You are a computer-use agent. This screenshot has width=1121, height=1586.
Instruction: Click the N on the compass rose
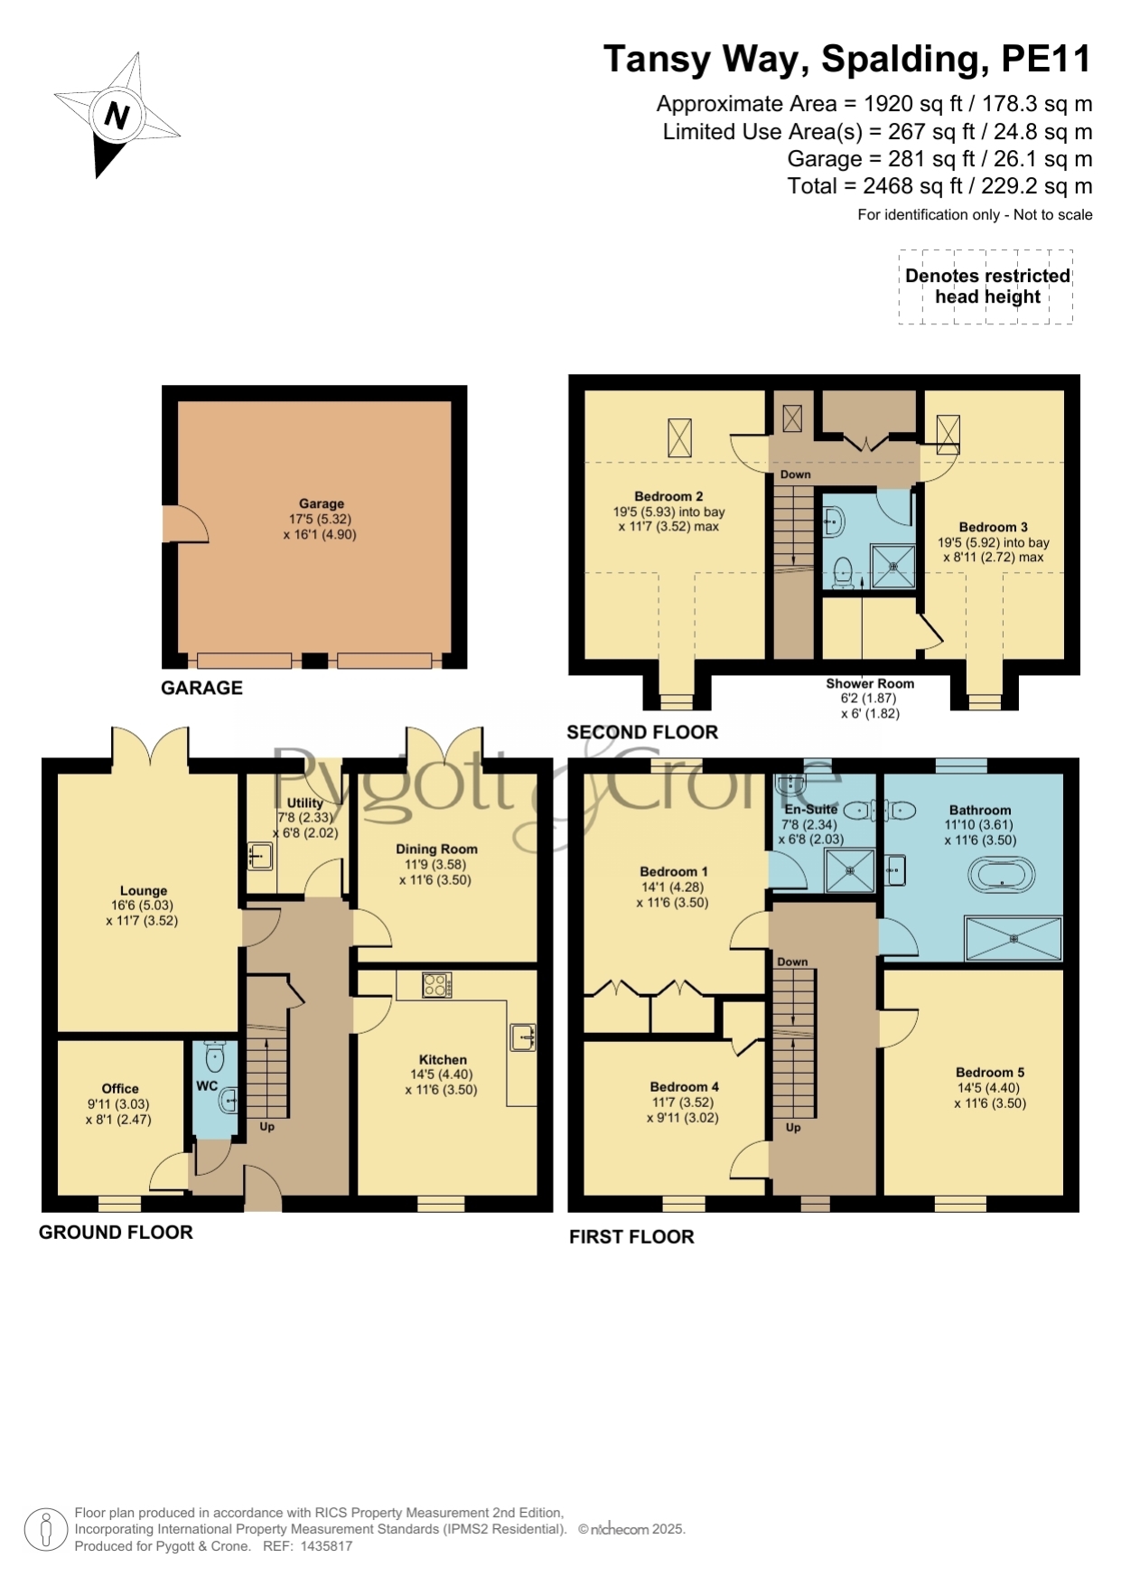coord(117,115)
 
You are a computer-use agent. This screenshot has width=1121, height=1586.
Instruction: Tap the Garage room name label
coord(322,503)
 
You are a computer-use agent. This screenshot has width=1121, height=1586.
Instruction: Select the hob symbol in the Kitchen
coord(437,985)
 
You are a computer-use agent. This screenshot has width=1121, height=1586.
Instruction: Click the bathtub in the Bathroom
coord(1002,875)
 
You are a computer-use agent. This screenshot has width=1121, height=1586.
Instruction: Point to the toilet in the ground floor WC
coord(215,1057)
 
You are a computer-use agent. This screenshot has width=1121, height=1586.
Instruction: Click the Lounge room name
coord(144,890)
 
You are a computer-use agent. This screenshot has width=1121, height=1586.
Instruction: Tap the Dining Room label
coord(436,849)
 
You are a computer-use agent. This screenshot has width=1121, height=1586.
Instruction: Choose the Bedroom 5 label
coord(990,1073)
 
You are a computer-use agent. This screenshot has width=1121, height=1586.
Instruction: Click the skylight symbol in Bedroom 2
coord(679,437)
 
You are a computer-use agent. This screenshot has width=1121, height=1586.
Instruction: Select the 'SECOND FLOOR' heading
coord(642,732)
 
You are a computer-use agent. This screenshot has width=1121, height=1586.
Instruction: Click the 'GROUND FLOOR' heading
coord(116,1233)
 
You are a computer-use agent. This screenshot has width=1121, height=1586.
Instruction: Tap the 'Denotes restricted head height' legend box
coord(986,286)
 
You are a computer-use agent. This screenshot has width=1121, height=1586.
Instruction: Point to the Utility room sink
coord(260,856)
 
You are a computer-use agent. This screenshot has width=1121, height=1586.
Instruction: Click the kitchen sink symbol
coord(523,1037)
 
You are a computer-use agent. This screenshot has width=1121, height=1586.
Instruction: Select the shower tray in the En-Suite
coord(851,870)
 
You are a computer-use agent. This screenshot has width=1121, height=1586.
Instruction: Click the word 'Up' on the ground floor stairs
coord(267,1127)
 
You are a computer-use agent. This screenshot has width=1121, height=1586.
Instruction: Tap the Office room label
coord(120,1089)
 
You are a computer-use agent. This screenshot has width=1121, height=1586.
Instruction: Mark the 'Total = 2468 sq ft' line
coord(939,186)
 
